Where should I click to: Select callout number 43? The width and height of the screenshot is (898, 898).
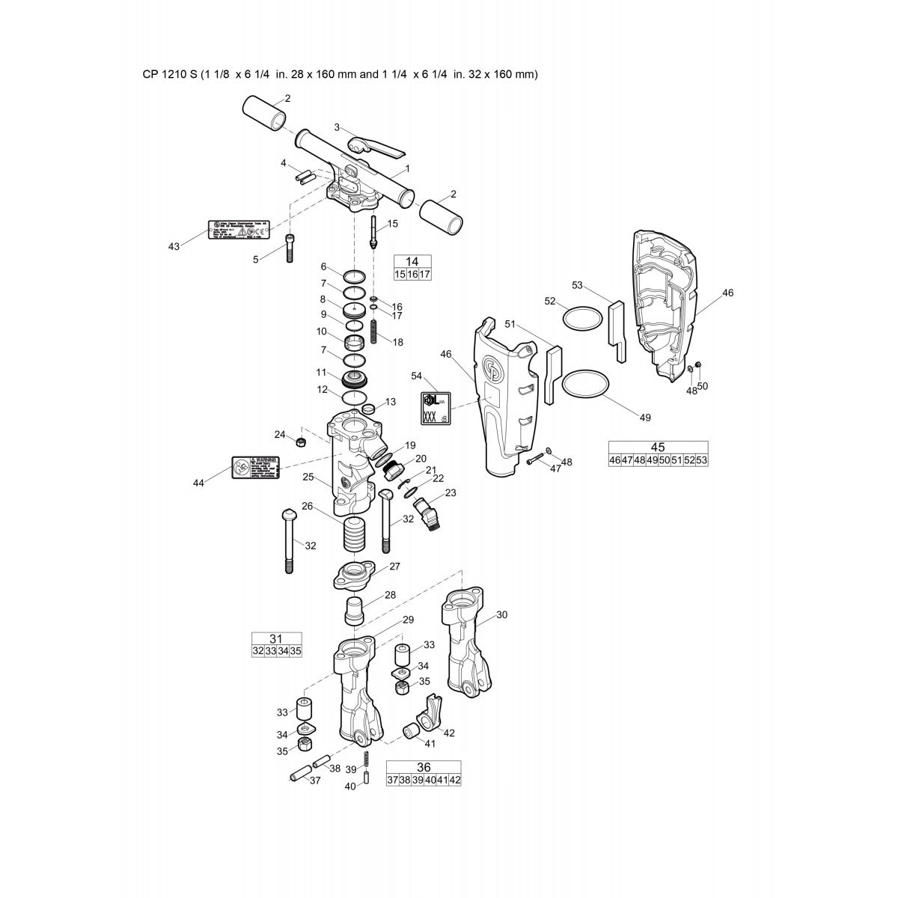click(x=174, y=247)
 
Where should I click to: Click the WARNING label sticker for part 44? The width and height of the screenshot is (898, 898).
click(x=254, y=465)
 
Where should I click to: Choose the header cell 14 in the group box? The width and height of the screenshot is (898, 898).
click(x=412, y=261)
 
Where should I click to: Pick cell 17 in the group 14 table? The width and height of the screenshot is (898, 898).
click(x=425, y=275)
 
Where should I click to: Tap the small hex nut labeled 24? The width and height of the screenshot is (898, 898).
click(x=299, y=442)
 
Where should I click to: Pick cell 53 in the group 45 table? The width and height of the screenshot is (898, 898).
click(x=701, y=460)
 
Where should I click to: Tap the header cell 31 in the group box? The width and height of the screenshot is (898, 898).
click(x=276, y=638)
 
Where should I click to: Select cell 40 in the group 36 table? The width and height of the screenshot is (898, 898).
click(x=430, y=781)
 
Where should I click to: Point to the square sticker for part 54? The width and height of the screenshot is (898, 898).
click(x=434, y=409)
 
